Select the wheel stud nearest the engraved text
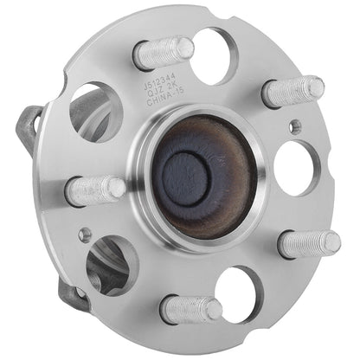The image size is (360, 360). pyautogui.click(x=164, y=53)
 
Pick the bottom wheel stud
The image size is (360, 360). pyautogui.click(x=190, y=309)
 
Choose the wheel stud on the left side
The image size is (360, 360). pyautogui.click(x=95, y=190)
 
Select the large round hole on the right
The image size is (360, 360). pyautogui.click(x=298, y=167)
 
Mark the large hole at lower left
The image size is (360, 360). pyautogui.click(x=111, y=265)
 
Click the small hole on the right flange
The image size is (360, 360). pyautogui.click(x=296, y=126)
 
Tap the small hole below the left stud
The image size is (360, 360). pyautogui.click(x=84, y=235)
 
